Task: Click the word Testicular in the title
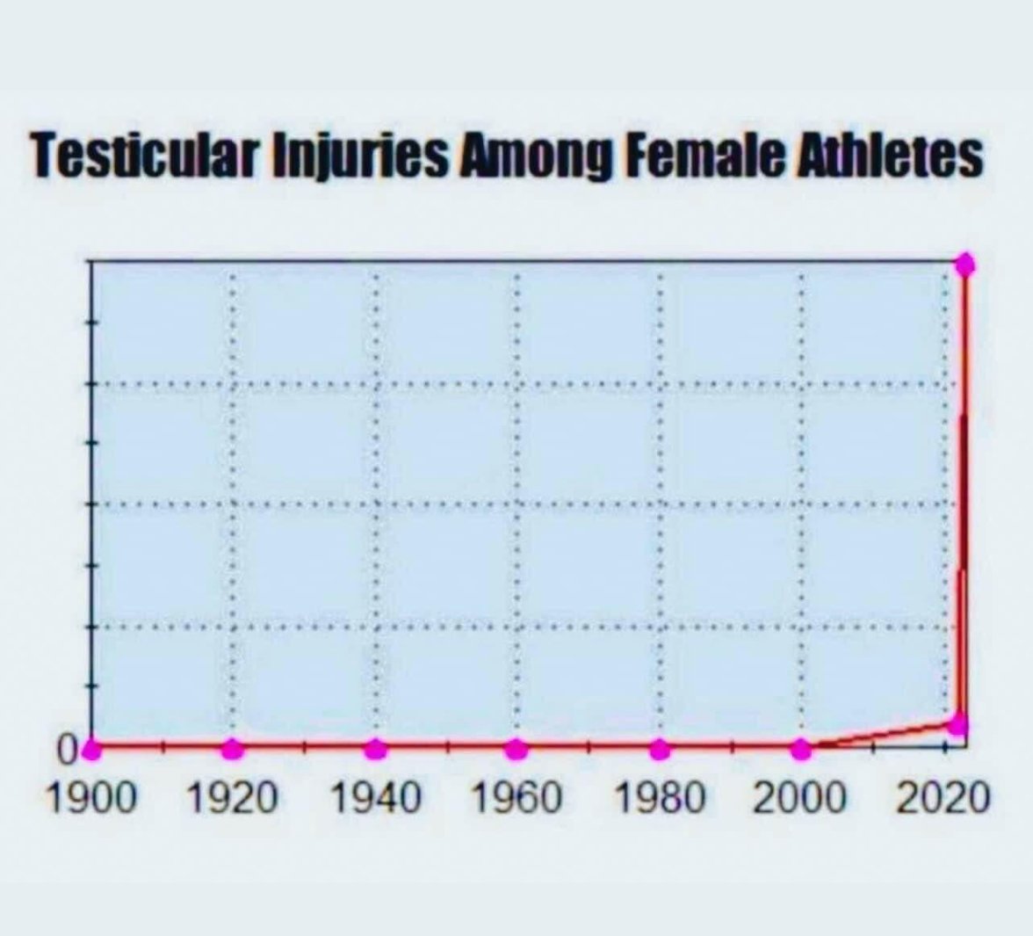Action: pos(144,156)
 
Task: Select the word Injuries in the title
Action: pos(361,156)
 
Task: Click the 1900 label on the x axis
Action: pos(90,798)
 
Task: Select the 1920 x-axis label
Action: pos(233,798)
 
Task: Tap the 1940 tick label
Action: pos(375,798)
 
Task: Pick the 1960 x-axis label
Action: pos(517,798)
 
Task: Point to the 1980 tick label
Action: pos(660,798)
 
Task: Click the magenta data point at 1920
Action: pos(233,750)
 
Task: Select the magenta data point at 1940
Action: pos(375,750)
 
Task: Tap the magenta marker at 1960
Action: pos(517,750)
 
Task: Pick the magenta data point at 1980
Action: pos(660,750)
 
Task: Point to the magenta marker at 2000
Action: pos(801,750)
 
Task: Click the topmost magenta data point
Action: pos(965,264)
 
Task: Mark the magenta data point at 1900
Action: pos(93,750)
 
